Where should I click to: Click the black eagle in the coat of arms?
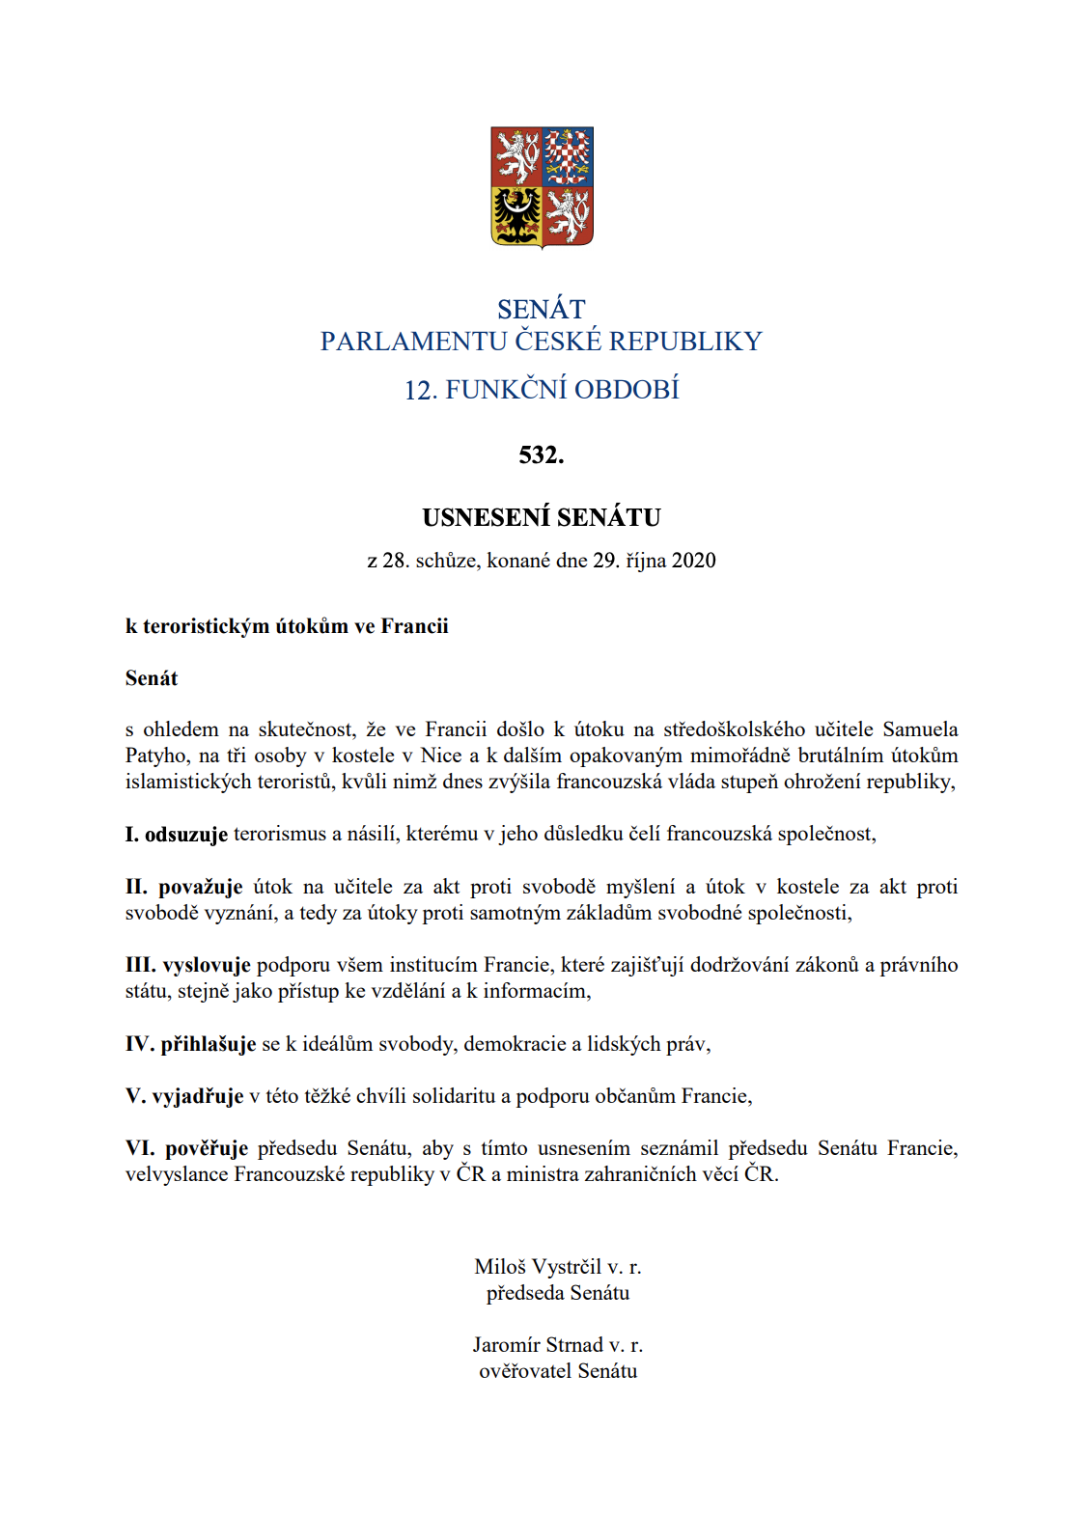pyautogui.click(x=517, y=214)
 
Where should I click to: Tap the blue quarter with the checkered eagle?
pyautogui.click(x=568, y=156)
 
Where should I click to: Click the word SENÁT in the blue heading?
pyautogui.click(x=542, y=309)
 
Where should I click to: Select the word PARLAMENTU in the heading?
pyautogui.click(x=413, y=342)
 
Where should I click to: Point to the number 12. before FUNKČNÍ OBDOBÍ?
pyautogui.click(x=421, y=390)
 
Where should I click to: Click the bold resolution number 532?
pyautogui.click(x=542, y=454)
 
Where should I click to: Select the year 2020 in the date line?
pyautogui.click(x=694, y=561)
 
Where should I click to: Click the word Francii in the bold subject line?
pyautogui.click(x=415, y=626)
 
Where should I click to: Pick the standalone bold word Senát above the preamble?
pyautogui.click(x=152, y=678)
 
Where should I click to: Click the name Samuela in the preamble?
pyautogui.click(x=920, y=729)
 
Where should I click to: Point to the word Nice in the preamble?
pyautogui.click(x=441, y=756)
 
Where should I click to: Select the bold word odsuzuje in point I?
pyautogui.click(x=186, y=835)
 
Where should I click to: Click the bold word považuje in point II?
pyautogui.click(x=201, y=887)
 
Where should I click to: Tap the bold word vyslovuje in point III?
pyautogui.click(x=207, y=965)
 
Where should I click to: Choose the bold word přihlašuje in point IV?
pyautogui.click(x=209, y=1044)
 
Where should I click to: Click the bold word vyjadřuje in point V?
pyautogui.click(x=198, y=1096)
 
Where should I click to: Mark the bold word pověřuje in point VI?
pyautogui.click(x=207, y=1148)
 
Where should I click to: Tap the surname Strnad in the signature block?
pyautogui.click(x=573, y=1345)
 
